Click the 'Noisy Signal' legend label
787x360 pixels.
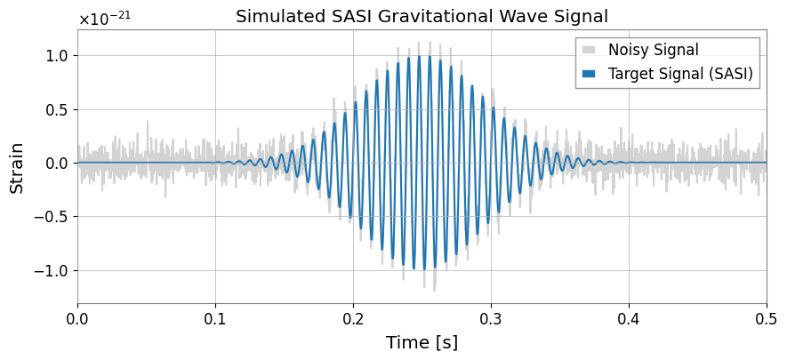pos(653,50)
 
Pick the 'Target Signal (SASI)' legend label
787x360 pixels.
pos(680,74)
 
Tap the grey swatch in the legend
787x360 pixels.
pos(589,50)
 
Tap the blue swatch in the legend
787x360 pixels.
pos(589,74)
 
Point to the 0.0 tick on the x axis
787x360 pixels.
pos(77,319)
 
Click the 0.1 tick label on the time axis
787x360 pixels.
pos(215,319)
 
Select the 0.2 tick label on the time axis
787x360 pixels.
pos(353,319)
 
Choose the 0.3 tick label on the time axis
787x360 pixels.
pos(491,319)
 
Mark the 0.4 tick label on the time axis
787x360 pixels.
pos(629,319)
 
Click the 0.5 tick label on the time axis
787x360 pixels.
pos(767,319)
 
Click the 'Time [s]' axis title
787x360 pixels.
pos(422,343)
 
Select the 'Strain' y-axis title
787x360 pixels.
pos(18,168)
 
